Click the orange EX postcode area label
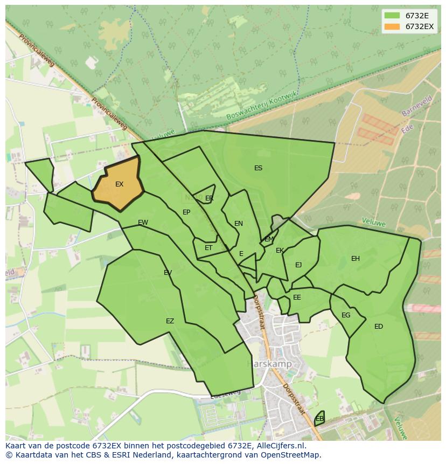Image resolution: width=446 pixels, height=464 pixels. (x=119, y=184)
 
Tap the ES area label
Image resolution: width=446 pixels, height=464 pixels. (x=258, y=168)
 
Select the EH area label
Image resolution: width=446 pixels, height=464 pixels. (x=356, y=259)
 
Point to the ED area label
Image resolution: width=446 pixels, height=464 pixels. (x=379, y=327)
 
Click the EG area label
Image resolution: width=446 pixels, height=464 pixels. (x=346, y=315)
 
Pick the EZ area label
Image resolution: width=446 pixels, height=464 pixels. (x=170, y=321)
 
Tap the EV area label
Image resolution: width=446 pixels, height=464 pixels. (x=168, y=273)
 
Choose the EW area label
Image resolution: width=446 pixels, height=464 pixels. (x=143, y=223)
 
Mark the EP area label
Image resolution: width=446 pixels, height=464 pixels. (x=186, y=212)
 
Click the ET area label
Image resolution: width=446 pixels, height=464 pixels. (x=208, y=248)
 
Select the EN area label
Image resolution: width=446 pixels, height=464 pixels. (x=239, y=224)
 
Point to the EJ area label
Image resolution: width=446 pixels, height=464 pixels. (x=298, y=265)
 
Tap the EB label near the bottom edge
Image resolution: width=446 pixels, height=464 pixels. (x=319, y=419)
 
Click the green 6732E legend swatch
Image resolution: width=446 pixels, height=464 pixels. (x=392, y=16)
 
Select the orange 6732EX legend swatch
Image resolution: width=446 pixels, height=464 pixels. (x=392, y=26)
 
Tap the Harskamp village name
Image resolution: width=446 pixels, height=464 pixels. (x=269, y=364)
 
